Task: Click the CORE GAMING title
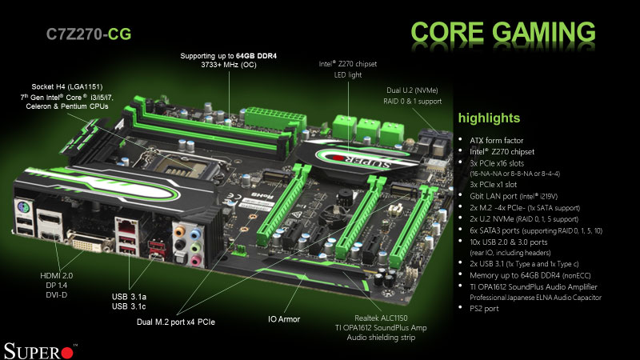point(503,32)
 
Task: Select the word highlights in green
point(489,118)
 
